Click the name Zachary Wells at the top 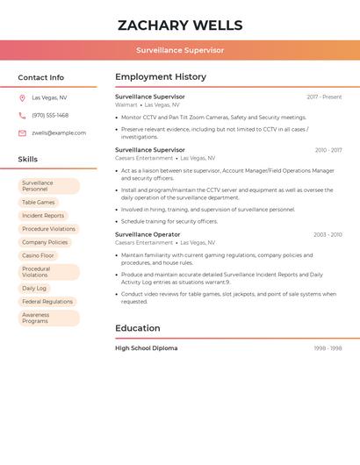(180, 25)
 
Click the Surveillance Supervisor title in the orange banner (180, 50)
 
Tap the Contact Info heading (41, 77)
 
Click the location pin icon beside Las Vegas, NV (22, 98)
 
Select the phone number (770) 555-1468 (50, 115)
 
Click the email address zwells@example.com (59, 133)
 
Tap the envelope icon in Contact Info (22, 133)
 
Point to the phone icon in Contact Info (22, 116)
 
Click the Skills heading (28, 159)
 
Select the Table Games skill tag (39, 203)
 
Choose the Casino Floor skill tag (39, 255)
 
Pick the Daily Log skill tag (34, 288)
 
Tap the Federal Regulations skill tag (47, 301)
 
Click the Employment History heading (161, 77)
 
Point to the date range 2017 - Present (324, 97)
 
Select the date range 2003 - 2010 (328, 235)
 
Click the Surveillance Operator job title (148, 234)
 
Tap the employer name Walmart (126, 104)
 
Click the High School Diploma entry (146, 348)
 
